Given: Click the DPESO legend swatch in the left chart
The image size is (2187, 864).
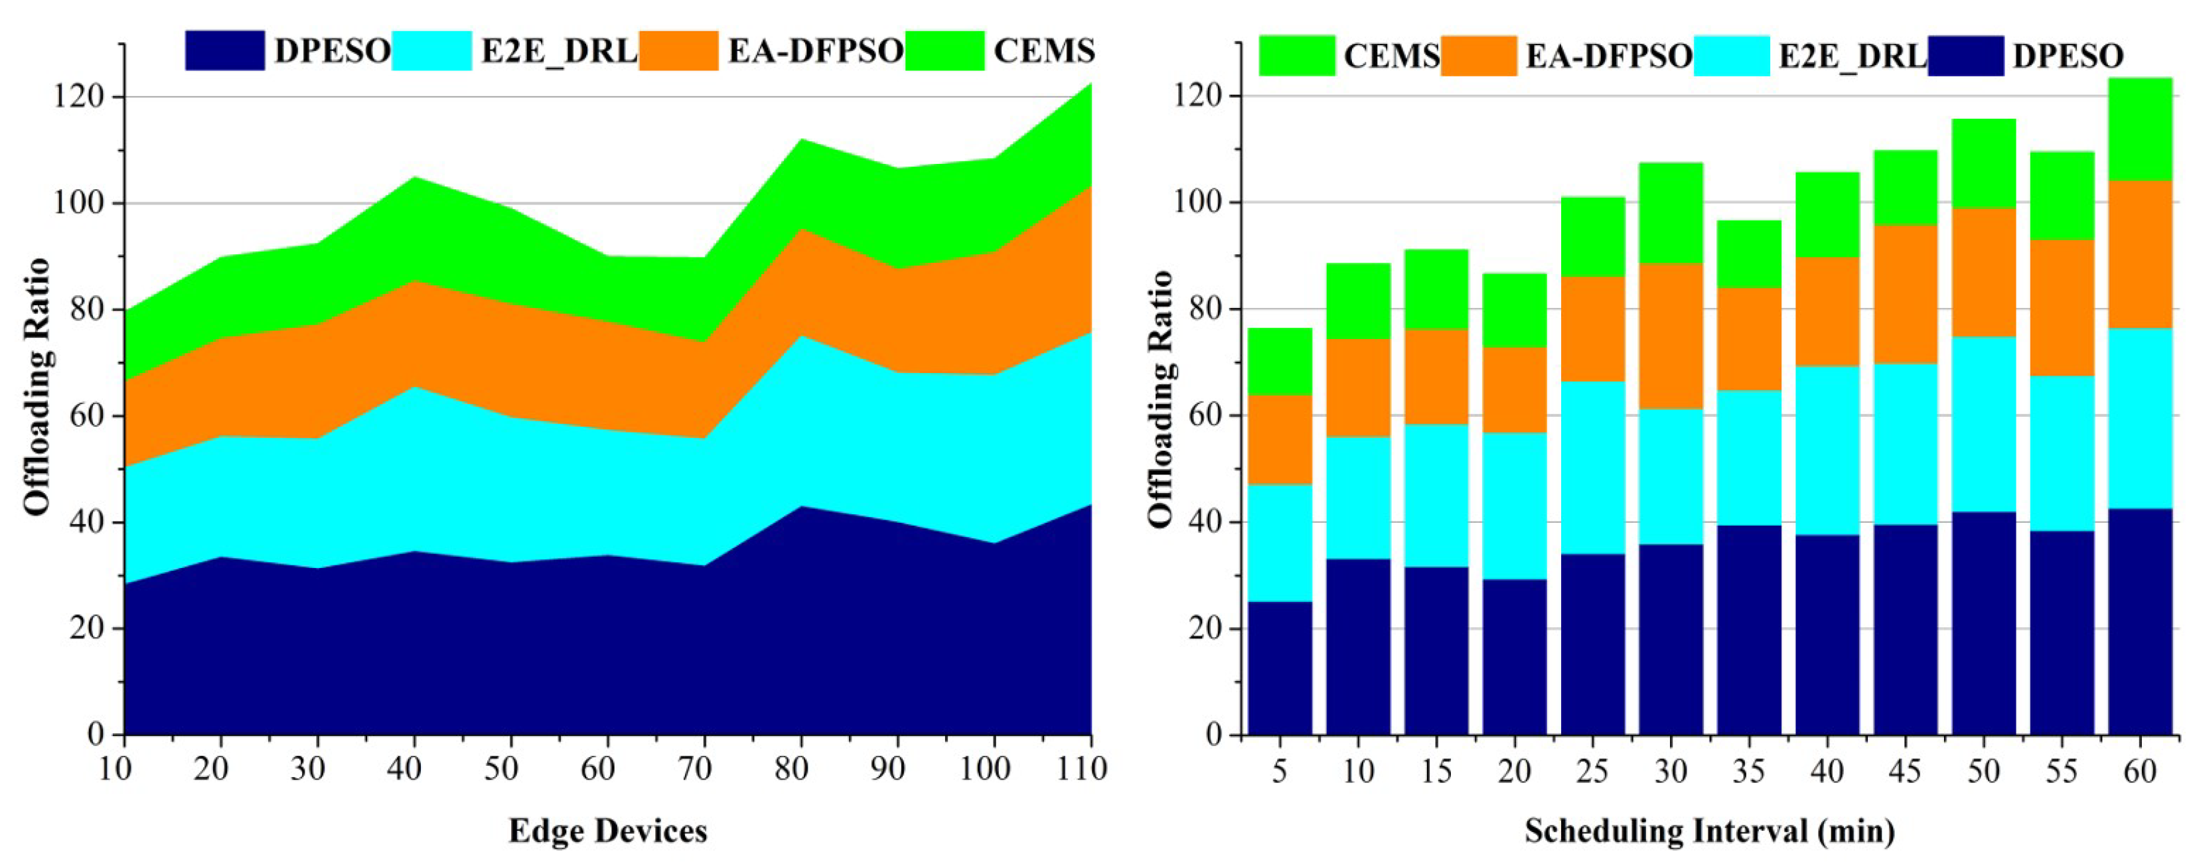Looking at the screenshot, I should coord(224,51).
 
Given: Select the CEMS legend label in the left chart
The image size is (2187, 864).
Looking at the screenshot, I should coord(1043,51).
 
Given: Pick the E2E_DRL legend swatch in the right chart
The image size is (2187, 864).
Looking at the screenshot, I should coord(1731,56).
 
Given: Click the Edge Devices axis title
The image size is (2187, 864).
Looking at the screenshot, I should coord(607,830).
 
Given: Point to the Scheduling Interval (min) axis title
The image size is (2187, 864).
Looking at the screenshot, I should coord(1709,830).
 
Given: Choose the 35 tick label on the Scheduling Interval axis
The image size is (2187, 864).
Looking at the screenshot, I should coord(1748,770).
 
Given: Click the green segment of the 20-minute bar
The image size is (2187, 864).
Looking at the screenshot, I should coord(1514,311).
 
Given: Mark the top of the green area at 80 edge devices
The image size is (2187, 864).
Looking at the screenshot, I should coord(800,141).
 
